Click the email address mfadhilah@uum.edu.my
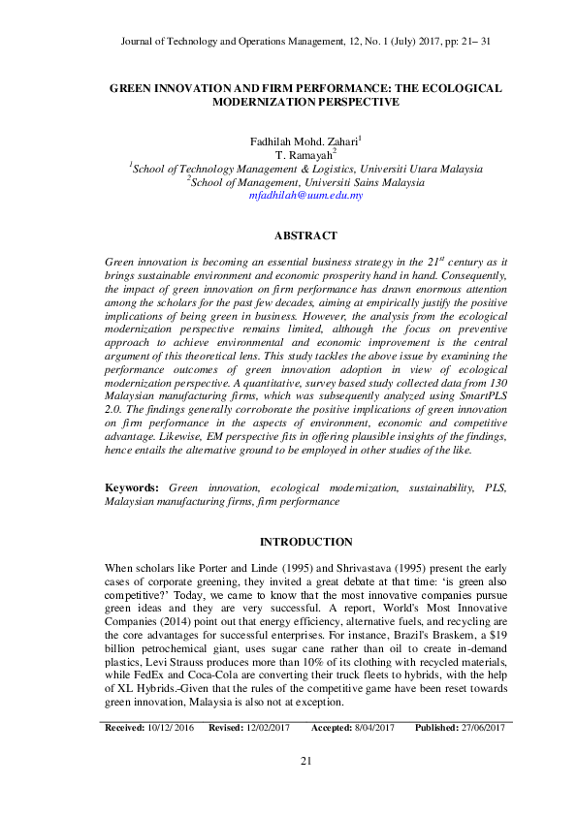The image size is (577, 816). tap(305, 195)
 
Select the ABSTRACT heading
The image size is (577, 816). tap(305, 235)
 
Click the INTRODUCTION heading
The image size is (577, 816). tap(305, 542)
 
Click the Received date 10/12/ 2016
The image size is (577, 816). tap(173, 727)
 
